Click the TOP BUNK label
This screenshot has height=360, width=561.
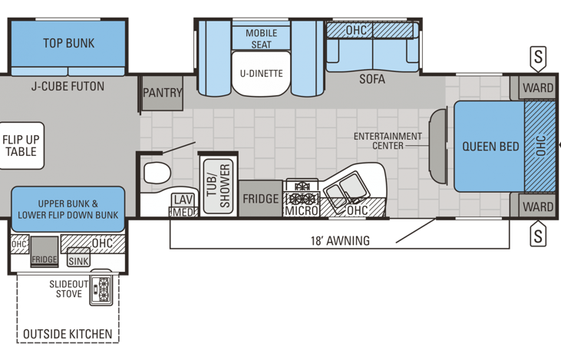click(69, 43)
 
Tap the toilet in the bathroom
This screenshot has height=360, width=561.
click(157, 173)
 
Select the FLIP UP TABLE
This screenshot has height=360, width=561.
click(21, 145)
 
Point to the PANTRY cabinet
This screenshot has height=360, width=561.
click(163, 93)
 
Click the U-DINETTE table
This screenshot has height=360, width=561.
click(261, 74)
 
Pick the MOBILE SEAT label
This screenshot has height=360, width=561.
click(261, 38)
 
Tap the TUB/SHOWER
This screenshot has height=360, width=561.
click(218, 186)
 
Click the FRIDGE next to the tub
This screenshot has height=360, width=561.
click(260, 199)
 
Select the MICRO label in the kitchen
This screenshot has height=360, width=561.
click(302, 211)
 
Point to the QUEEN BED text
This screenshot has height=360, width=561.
click(490, 147)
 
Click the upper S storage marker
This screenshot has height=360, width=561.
click(538, 58)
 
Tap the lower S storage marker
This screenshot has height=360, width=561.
click(538, 235)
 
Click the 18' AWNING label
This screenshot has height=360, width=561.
click(340, 240)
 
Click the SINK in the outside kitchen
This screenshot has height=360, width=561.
click(78, 257)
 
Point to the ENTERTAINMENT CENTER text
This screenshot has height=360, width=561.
click(388, 141)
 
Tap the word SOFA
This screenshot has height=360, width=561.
click(372, 79)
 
